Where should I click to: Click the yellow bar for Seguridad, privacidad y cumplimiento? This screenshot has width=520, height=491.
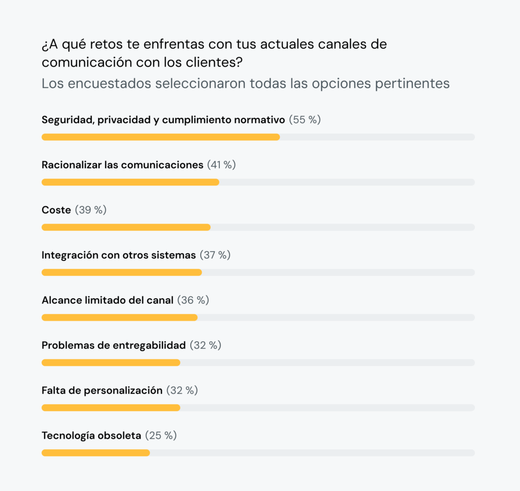tap(160, 137)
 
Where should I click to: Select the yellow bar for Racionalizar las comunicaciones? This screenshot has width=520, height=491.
tap(130, 182)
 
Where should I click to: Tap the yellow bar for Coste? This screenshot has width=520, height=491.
tap(126, 227)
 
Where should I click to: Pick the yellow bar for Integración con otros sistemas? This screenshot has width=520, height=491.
tap(121, 272)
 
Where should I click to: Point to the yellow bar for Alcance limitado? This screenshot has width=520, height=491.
tap(119, 318)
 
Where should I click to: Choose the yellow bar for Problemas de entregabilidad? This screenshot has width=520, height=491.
tap(111, 362)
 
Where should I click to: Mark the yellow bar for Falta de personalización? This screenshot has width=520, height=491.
tap(111, 408)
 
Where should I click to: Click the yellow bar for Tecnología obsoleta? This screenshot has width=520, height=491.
tap(95, 453)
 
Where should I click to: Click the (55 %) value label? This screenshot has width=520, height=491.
tap(305, 120)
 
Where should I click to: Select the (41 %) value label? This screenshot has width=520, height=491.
tap(221, 165)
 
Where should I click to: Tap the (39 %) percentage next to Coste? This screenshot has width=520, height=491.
tap(91, 210)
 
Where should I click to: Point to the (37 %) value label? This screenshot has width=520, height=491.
tap(215, 255)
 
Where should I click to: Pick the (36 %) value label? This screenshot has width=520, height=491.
tap(193, 300)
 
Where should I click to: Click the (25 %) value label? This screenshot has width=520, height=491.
tap(161, 436)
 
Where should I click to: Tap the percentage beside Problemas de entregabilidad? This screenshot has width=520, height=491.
tap(206, 346)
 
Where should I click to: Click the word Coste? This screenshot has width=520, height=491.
tap(56, 210)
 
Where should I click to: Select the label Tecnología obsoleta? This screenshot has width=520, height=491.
tap(91, 436)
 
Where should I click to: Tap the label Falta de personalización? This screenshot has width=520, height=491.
tap(102, 391)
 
